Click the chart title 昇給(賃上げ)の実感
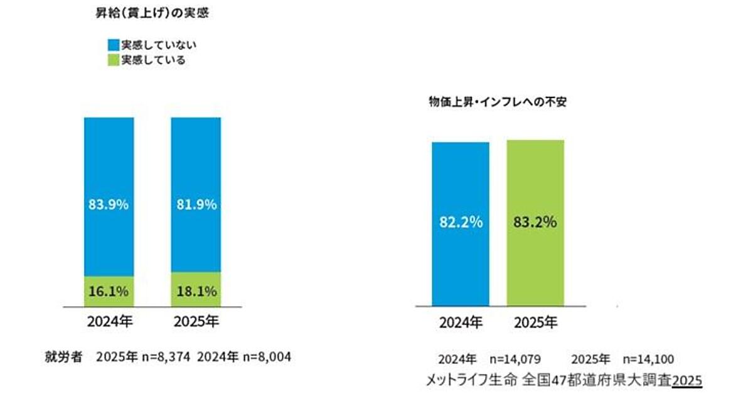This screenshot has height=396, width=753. point(147,14)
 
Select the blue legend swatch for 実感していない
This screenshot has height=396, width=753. point(114,45)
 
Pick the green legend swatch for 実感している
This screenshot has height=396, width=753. point(114,60)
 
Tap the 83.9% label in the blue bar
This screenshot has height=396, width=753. point(109,204)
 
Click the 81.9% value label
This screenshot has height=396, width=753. point(196,204)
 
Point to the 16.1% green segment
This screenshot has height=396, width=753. point(109,292)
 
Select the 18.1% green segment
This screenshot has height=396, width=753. point(196,290)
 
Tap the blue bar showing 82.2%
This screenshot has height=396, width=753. point(460,223)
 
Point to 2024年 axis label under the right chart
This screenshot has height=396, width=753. point(460,323)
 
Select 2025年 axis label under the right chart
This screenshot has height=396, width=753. point(535,323)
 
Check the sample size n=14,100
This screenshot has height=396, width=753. point(648,360)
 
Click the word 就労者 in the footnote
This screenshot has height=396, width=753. point(60,357)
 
